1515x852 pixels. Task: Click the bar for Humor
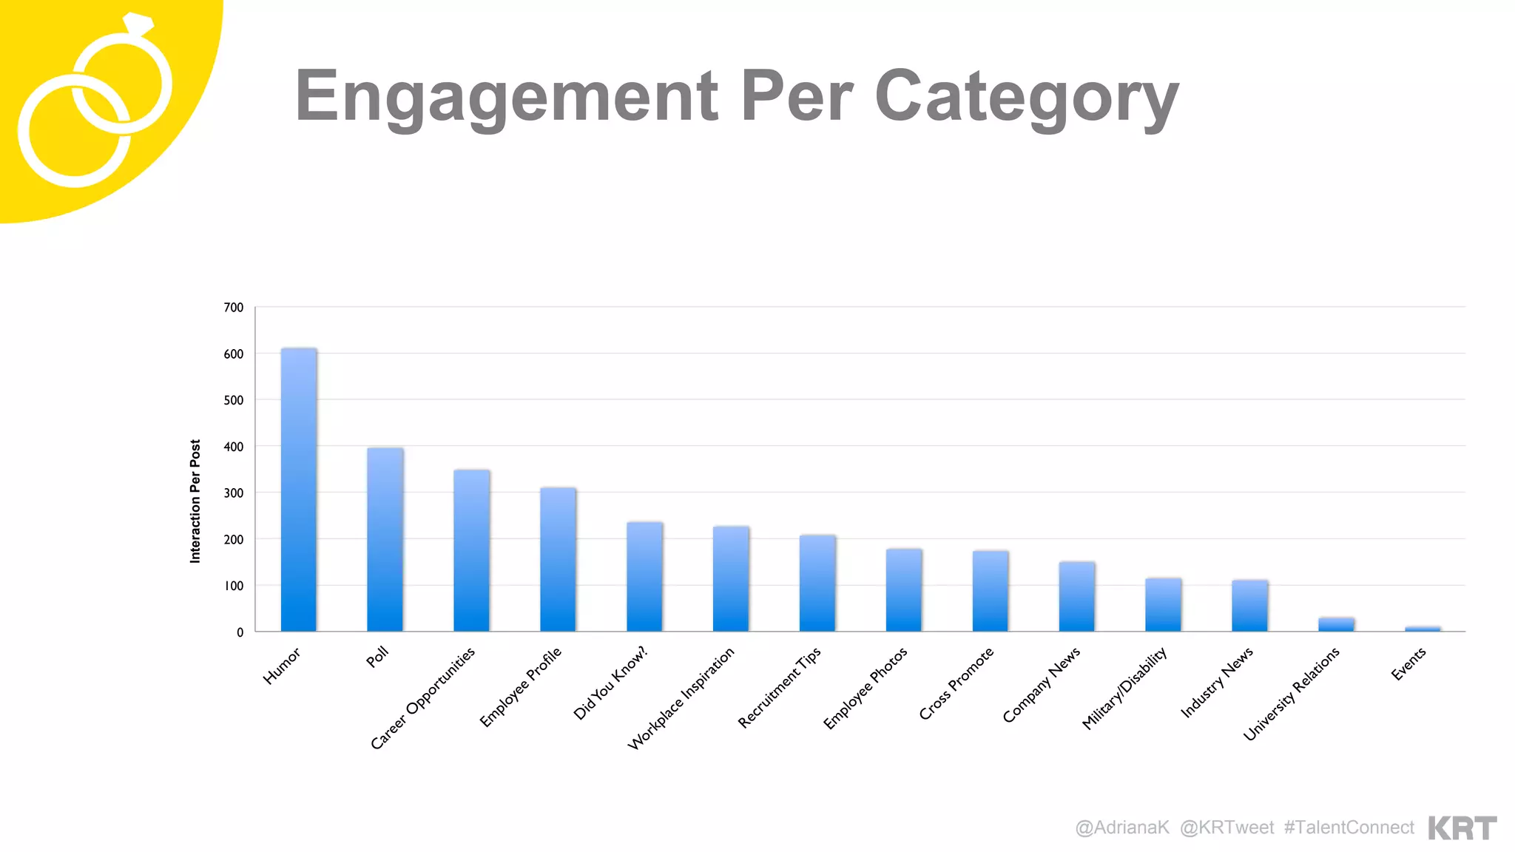point(299,490)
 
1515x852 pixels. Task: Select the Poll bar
point(385,540)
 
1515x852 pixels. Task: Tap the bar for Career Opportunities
point(472,551)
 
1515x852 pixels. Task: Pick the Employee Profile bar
point(558,560)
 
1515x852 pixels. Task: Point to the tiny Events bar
point(1423,629)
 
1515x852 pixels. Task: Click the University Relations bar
point(1336,624)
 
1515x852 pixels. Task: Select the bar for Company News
point(1077,597)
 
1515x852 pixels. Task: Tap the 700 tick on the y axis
point(234,308)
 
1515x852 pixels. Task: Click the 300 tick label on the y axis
point(234,493)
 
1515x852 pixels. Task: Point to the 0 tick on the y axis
point(240,632)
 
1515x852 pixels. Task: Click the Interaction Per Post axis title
point(195,501)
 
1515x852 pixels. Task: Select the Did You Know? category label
point(610,683)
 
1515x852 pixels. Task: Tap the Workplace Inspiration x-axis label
point(681,698)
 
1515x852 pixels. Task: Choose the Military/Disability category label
point(1124,688)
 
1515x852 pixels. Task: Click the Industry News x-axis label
point(1217,682)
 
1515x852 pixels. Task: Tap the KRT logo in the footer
point(1462,828)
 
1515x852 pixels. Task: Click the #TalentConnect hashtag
point(1349,828)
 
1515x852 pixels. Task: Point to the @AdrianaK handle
point(1122,828)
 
